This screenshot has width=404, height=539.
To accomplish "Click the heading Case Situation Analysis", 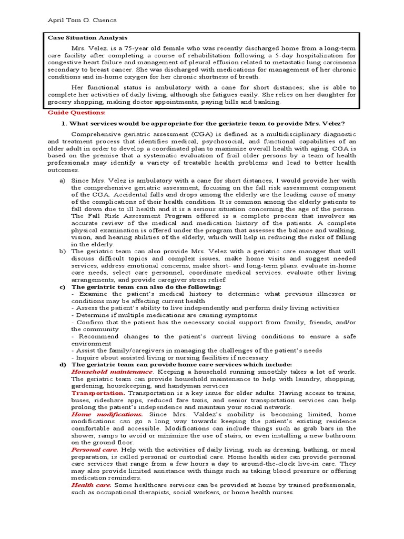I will [87, 38].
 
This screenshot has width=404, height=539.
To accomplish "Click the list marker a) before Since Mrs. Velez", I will [62, 181].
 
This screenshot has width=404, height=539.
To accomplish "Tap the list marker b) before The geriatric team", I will [62, 252].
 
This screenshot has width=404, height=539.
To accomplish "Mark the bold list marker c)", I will [62, 287].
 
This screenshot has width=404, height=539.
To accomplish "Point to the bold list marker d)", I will [62, 364].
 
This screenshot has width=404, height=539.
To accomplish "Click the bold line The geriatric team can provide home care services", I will [181, 364].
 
